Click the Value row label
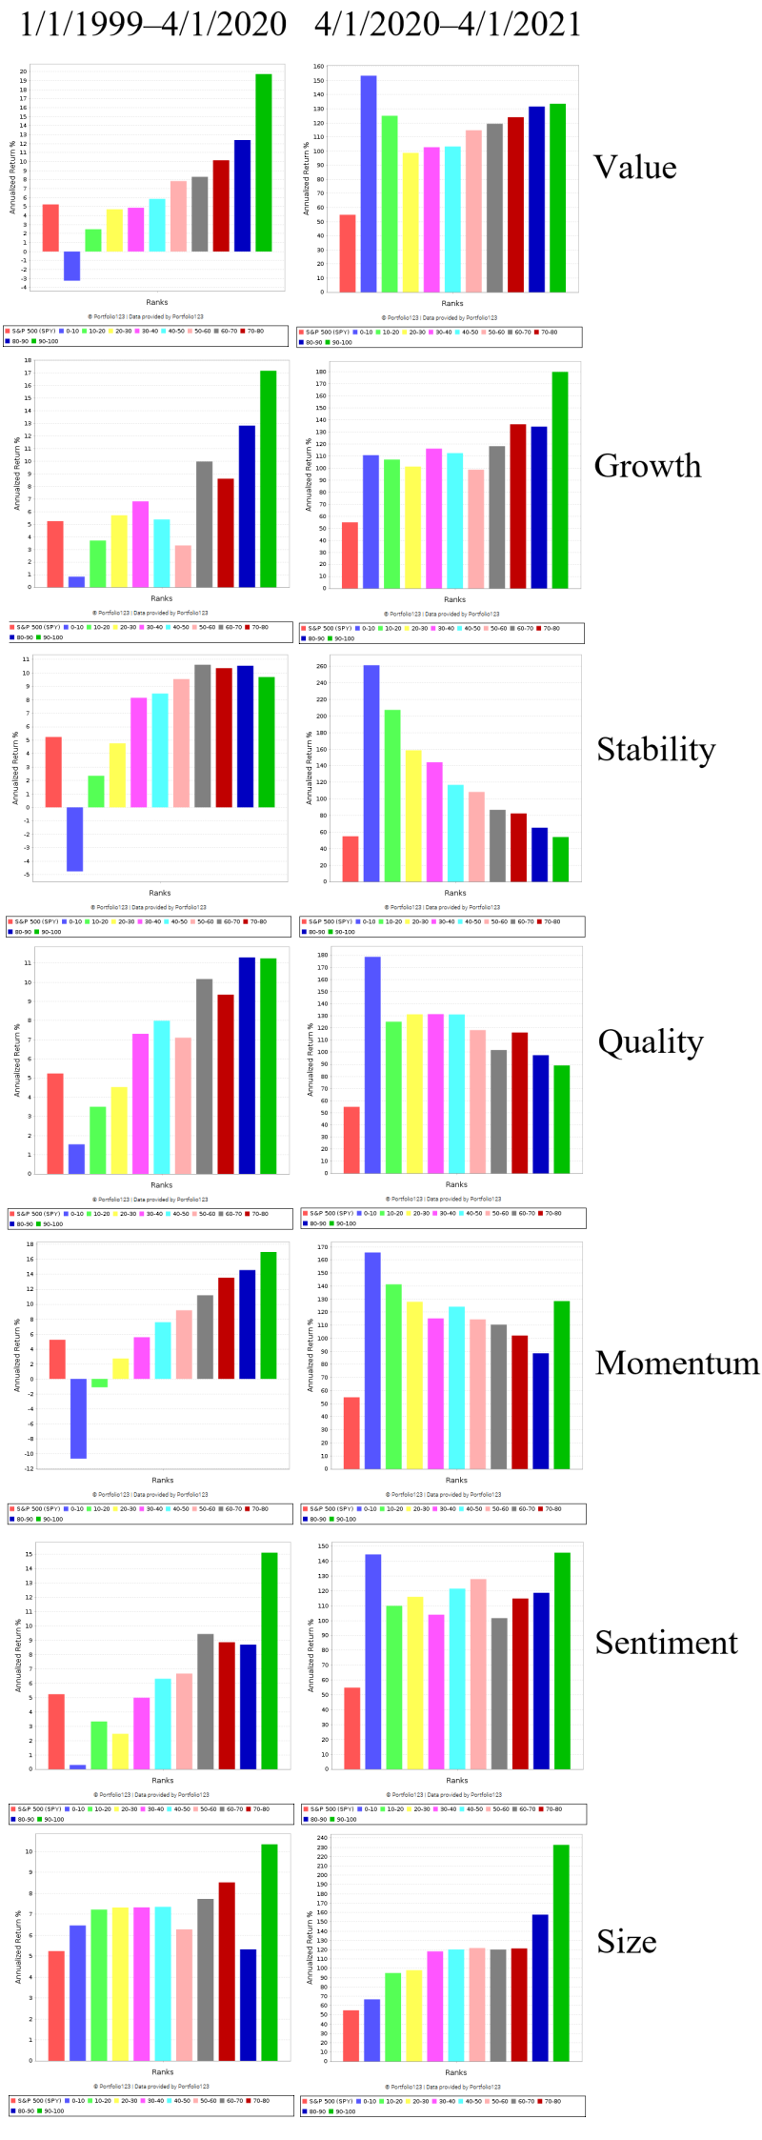coord(635,168)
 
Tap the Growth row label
coord(648,466)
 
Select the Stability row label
coord(655,750)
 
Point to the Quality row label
coord(651,1042)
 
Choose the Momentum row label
coord(677,1363)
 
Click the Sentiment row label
coord(666,1643)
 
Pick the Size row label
coord(627,1942)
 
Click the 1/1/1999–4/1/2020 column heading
coord(153,24)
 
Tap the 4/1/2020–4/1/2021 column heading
coord(448,24)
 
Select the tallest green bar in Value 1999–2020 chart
coord(264,162)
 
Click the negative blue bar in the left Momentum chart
coord(78,1418)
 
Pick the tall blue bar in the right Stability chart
coord(371,773)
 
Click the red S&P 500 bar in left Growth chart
coord(55,554)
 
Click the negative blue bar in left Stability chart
coord(74,838)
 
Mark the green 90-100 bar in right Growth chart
coord(560,479)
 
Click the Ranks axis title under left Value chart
coord(157,303)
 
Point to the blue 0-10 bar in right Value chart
coord(369,184)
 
